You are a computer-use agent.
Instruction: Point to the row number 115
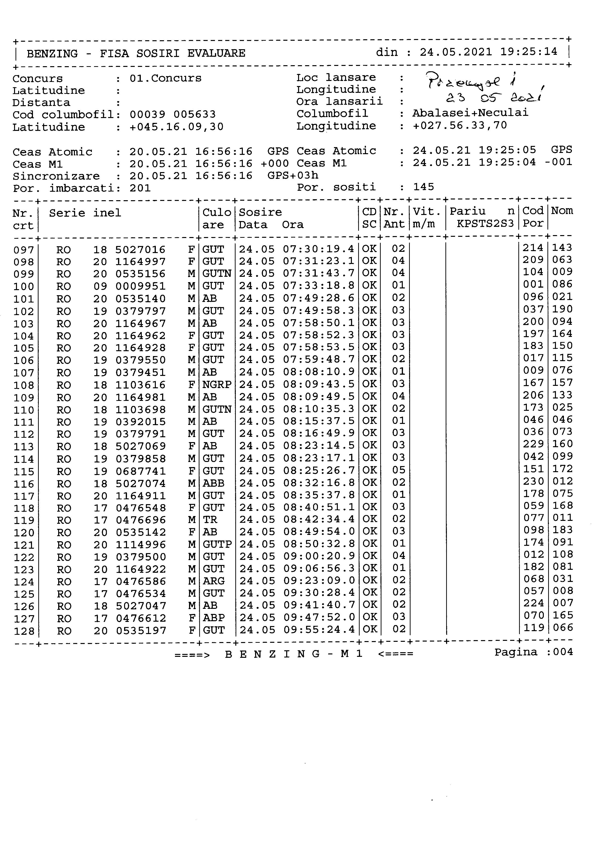pyautogui.click(x=24, y=472)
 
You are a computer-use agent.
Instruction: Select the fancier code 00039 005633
pyautogui.click(x=173, y=114)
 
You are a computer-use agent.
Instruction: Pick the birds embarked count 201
pyautogui.click(x=140, y=188)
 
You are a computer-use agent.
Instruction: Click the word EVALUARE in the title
pyautogui.click(x=216, y=53)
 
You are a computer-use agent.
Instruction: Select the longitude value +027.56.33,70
pyautogui.click(x=460, y=126)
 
